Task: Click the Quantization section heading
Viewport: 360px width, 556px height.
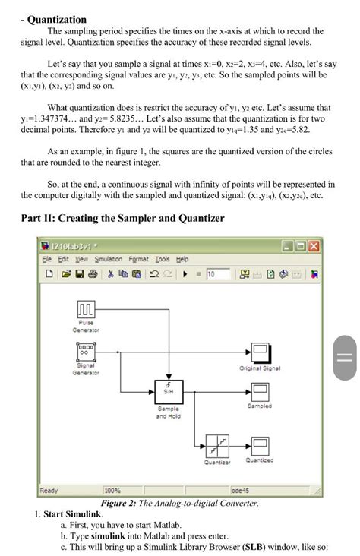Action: click(54, 19)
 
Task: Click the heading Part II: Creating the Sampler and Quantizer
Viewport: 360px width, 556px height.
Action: click(122, 219)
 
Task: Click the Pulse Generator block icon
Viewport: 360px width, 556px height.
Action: click(86, 311)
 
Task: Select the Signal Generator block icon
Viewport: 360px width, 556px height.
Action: click(86, 352)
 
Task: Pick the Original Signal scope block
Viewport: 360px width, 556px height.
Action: click(261, 352)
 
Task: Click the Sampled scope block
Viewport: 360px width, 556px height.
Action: click(261, 392)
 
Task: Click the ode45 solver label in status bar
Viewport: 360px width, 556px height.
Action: click(241, 490)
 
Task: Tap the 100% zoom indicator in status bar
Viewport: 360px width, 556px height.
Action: click(113, 490)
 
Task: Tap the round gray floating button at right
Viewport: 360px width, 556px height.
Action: click(344, 358)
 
